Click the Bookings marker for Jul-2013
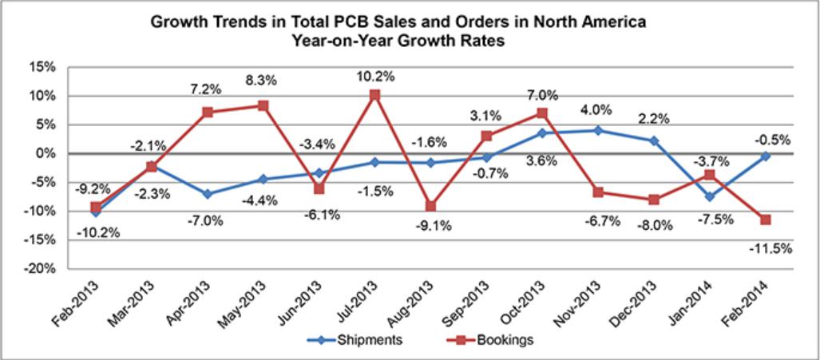tap(375, 95)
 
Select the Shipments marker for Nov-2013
tap(598, 130)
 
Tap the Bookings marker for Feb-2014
tap(766, 220)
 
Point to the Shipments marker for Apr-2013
tap(208, 194)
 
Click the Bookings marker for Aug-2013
tap(431, 206)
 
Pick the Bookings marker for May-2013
tap(263, 105)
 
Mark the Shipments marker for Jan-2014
tap(710, 196)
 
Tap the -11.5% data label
tap(770, 248)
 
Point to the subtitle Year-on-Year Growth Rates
tap(410, 42)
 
